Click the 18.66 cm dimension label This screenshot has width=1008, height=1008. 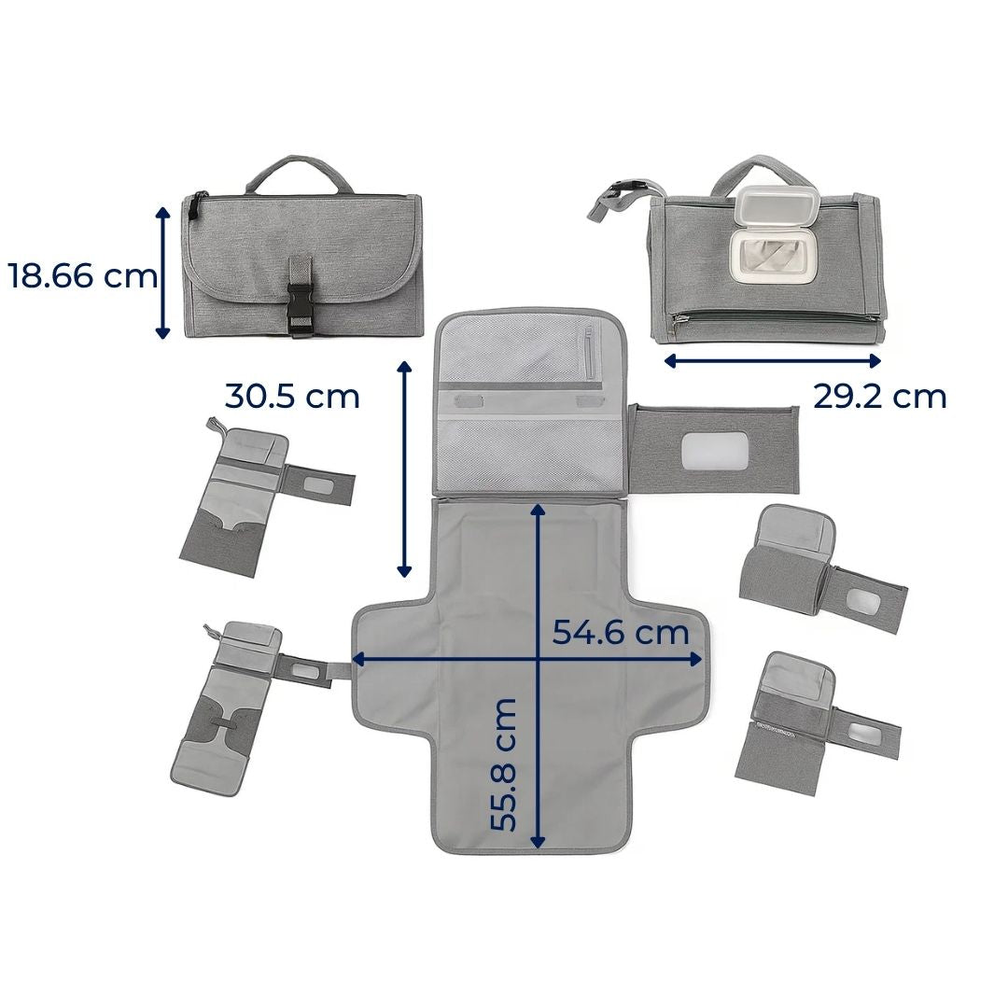click(x=83, y=276)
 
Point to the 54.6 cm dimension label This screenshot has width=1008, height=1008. click(x=621, y=632)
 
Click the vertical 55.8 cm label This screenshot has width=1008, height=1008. click(x=503, y=765)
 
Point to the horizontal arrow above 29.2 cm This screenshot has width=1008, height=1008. click(x=772, y=361)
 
